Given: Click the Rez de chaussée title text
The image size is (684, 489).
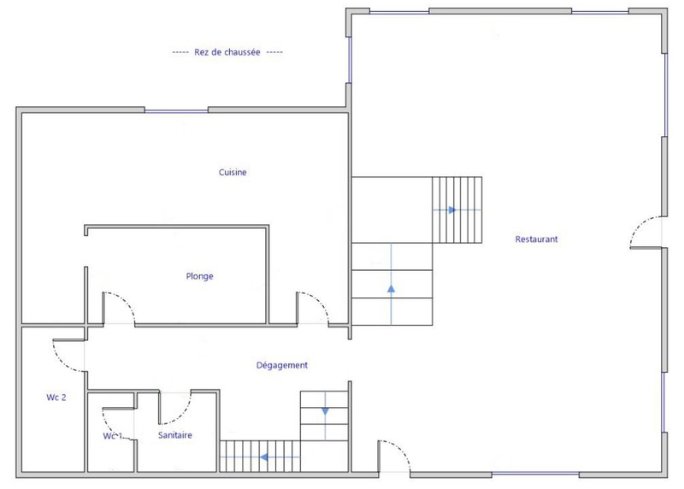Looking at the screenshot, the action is pyautogui.click(x=227, y=52).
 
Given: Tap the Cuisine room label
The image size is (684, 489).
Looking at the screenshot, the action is pyautogui.click(x=233, y=173).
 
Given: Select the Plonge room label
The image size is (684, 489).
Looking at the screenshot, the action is pyautogui.click(x=199, y=276).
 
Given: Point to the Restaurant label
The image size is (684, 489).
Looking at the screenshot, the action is pyautogui.click(x=536, y=239).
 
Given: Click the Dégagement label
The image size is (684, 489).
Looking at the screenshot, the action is pyautogui.click(x=282, y=365).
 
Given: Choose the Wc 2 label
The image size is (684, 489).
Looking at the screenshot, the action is pyautogui.click(x=56, y=398).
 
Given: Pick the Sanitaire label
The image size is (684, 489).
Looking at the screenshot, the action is pyautogui.click(x=175, y=435).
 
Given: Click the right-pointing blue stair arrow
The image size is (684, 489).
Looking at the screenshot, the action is pyautogui.click(x=452, y=209).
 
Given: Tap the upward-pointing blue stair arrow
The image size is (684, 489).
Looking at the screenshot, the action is pyautogui.click(x=391, y=288).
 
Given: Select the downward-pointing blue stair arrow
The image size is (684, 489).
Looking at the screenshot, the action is pyautogui.click(x=325, y=411).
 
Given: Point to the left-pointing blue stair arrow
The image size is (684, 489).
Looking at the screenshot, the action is pyautogui.click(x=263, y=457).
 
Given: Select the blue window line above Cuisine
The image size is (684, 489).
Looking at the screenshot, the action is pyautogui.click(x=176, y=111).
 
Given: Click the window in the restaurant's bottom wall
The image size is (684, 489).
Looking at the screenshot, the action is pyautogui.click(x=535, y=474).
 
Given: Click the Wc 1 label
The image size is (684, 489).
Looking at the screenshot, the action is pyautogui.click(x=113, y=436).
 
